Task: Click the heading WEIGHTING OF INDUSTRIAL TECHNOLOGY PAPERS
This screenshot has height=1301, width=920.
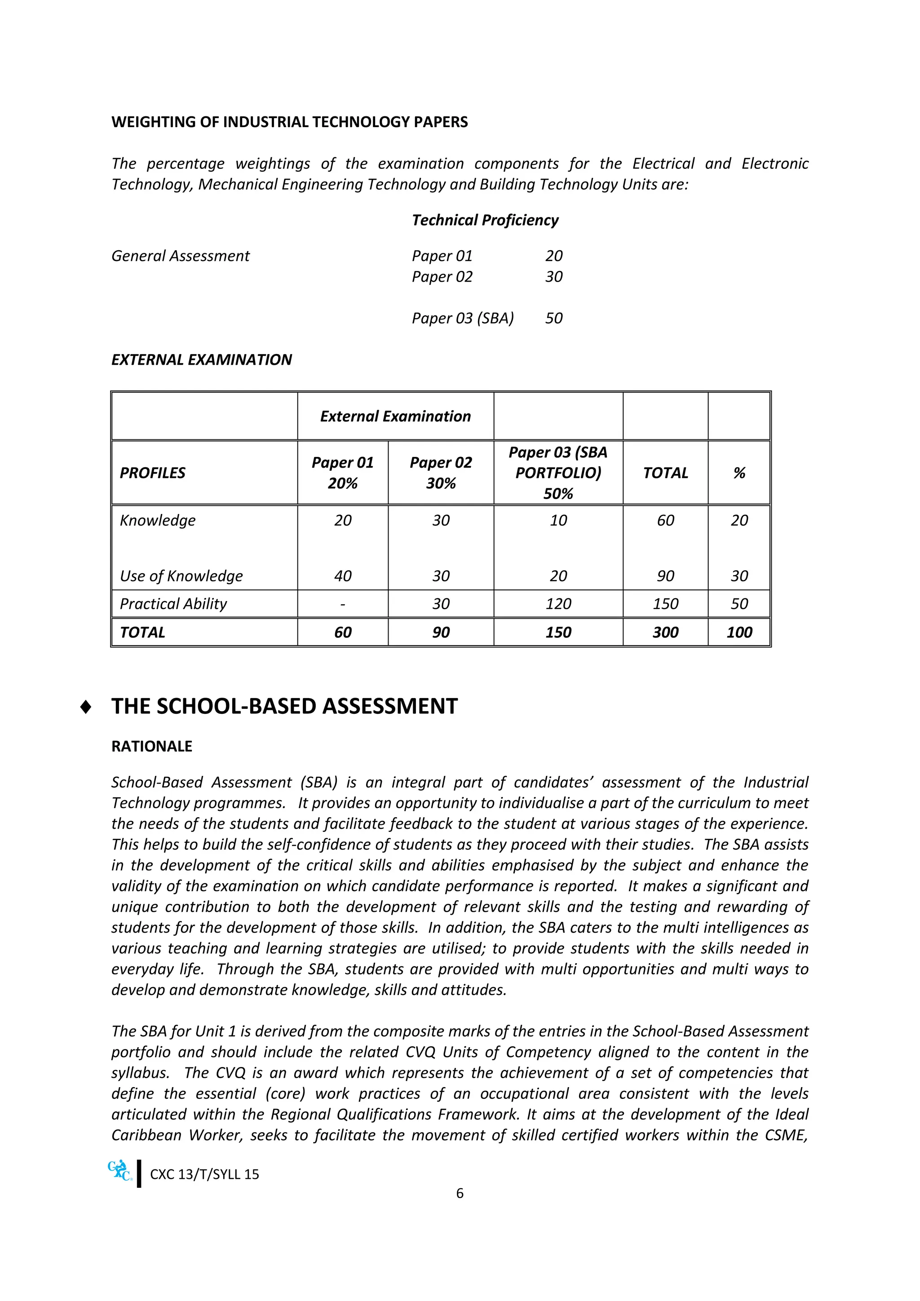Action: click(289, 122)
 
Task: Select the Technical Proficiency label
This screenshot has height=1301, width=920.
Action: click(485, 220)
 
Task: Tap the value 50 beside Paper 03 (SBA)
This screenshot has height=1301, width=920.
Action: click(553, 318)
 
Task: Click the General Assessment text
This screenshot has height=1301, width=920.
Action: click(180, 256)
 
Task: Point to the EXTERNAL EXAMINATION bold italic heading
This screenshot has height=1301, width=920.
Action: click(201, 359)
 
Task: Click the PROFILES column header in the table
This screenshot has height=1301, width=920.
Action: click(152, 473)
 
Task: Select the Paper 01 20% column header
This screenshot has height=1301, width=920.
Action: click(342, 473)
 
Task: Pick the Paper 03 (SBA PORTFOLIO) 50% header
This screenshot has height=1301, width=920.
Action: click(558, 473)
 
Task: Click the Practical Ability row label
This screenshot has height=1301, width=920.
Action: click(173, 603)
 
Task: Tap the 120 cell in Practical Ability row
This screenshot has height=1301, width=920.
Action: click(558, 603)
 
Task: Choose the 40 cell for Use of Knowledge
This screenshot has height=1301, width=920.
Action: click(342, 576)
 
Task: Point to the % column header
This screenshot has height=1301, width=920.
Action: click(739, 473)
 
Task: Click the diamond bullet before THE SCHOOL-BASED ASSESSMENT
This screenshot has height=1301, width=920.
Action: click(85, 707)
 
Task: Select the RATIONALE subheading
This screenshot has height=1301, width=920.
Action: click(152, 746)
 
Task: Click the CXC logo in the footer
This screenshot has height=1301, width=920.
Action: click(120, 1171)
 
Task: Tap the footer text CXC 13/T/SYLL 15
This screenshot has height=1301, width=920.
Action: click(204, 1174)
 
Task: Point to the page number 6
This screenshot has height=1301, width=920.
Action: click(460, 1193)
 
